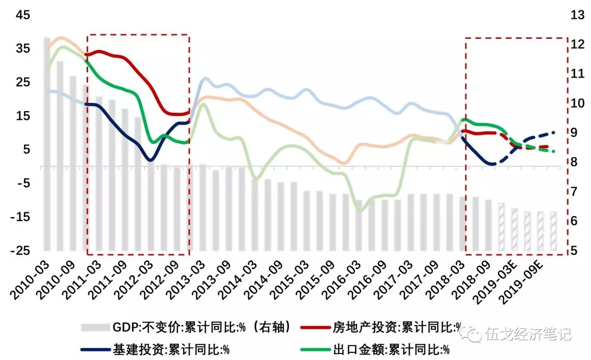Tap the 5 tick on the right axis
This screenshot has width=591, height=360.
(x=574, y=251)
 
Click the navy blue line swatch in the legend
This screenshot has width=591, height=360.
(x=95, y=349)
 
